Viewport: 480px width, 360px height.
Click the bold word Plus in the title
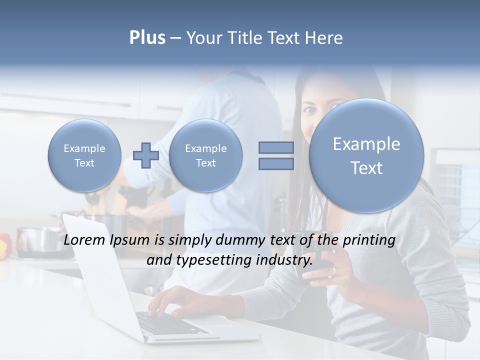pyautogui.click(x=147, y=38)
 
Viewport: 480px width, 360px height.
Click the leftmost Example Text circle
pyautogui.click(x=84, y=155)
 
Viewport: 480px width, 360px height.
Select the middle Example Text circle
pyautogui.click(x=205, y=155)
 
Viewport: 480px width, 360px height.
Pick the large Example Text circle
pyautogui.click(x=366, y=155)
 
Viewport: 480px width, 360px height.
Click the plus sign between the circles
pyautogui.click(x=146, y=155)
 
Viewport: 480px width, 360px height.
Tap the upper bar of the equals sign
pyautogui.click(x=276, y=147)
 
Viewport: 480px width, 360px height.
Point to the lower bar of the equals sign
pyautogui.click(x=276, y=164)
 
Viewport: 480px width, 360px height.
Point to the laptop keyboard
pyautogui.click(x=170, y=322)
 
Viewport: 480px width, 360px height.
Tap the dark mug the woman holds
pyautogui.click(x=320, y=265)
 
